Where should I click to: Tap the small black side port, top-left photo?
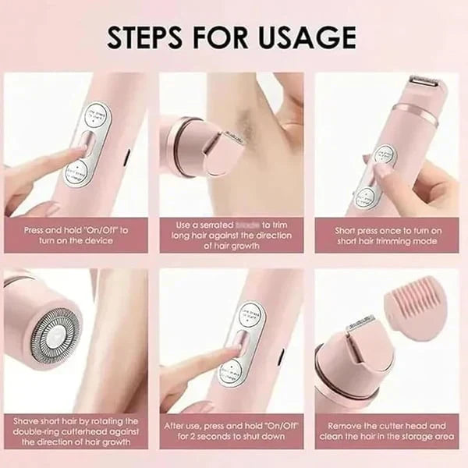[126, 158]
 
